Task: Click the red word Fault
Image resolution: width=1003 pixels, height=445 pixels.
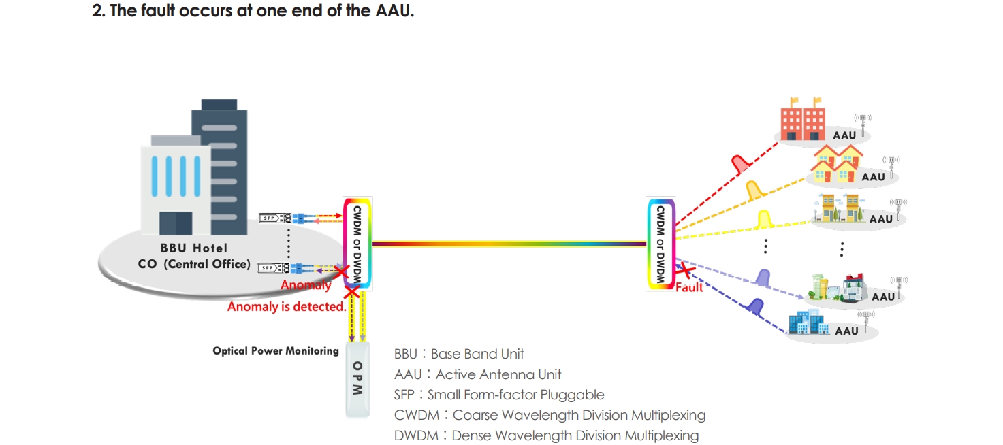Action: [689, 288]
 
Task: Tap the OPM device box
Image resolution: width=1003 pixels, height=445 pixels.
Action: [358, 380]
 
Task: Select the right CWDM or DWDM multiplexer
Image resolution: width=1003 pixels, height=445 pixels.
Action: [660, 244]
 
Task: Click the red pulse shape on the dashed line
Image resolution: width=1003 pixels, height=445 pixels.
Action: [739, 163]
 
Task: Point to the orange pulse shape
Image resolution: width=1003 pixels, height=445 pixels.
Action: [753, 190]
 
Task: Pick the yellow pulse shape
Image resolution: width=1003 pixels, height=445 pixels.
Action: [764, 219]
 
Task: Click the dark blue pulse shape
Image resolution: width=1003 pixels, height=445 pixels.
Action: [754, 307]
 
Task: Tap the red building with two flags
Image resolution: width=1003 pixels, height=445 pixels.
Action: [803, 120]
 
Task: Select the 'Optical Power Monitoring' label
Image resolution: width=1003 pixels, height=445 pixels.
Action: [276, 351]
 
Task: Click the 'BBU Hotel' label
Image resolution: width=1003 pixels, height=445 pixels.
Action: [194, 248]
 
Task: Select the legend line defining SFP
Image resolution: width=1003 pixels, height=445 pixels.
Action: [499, 395]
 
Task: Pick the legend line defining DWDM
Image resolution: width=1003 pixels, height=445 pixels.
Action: [546, 435]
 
